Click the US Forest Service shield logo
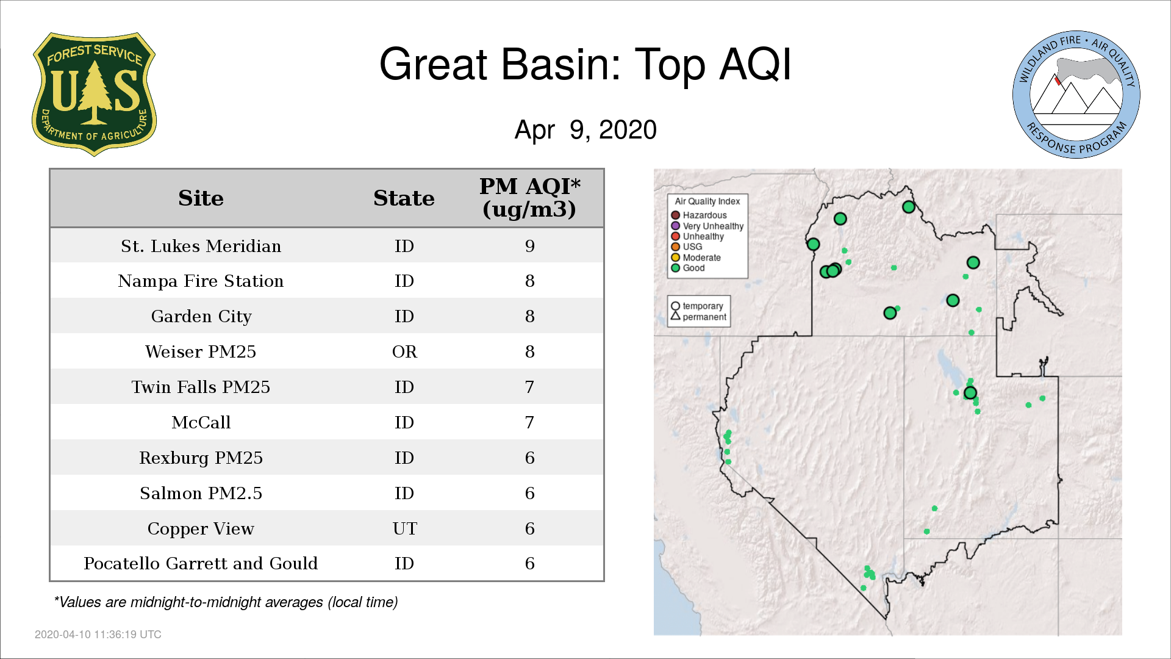point(94,95)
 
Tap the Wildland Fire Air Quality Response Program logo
point(1076,95)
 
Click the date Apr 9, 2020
point(585,130)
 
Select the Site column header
point(201,198)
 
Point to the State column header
point(404,198)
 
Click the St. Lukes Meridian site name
point(201,246)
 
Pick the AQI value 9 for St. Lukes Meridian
point(529,246)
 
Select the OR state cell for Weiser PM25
point(404,352)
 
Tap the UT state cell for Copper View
point(404,529)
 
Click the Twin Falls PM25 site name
point(201,387)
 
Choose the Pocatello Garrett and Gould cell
point(201,564)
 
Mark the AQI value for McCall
point(529,423)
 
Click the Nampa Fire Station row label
point(201,281)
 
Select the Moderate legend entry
point(696,257)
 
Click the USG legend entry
point(687,247)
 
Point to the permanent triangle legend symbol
point(675,316)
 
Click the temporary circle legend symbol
point(675,306)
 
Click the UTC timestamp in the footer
point(98,635)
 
